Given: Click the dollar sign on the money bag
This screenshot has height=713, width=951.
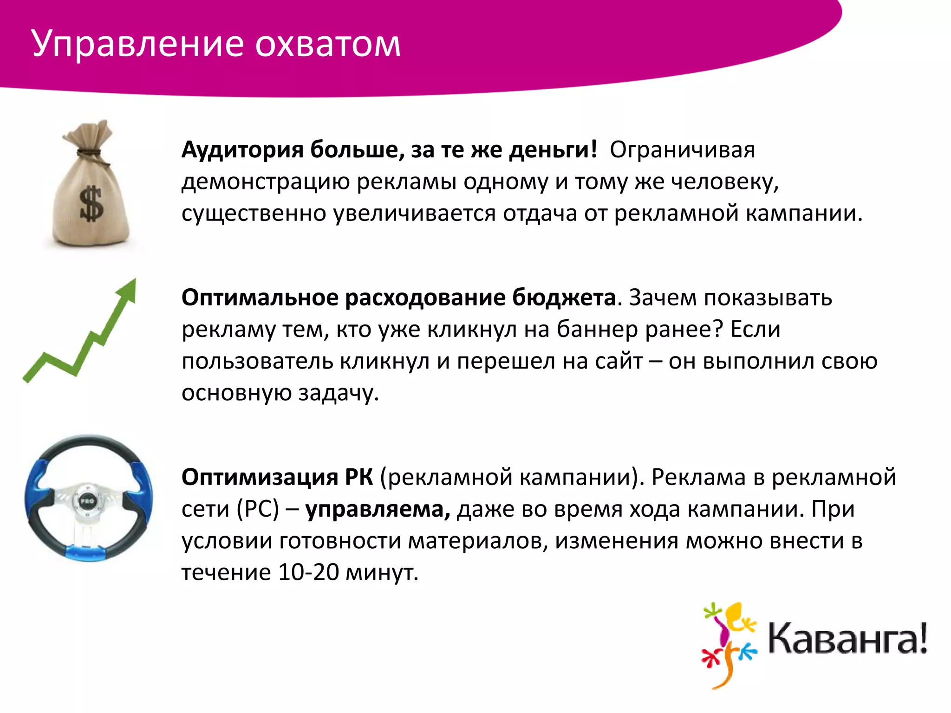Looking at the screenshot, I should pyautogui.click(x=91, y=203).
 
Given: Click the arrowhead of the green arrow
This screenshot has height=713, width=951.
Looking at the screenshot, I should pyautogui.click(x=128, y=290).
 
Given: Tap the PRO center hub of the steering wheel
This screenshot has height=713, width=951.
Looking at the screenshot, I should pyautogui.click(x=87, y=501).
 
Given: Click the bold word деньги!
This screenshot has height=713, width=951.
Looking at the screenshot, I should pyautogui.click(x=553, y=150).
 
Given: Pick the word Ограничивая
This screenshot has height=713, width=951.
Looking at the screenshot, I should pyautogui.click(x=682, y=150).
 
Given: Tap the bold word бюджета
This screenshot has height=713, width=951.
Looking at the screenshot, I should pyautogui.click(x=564, y=298).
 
